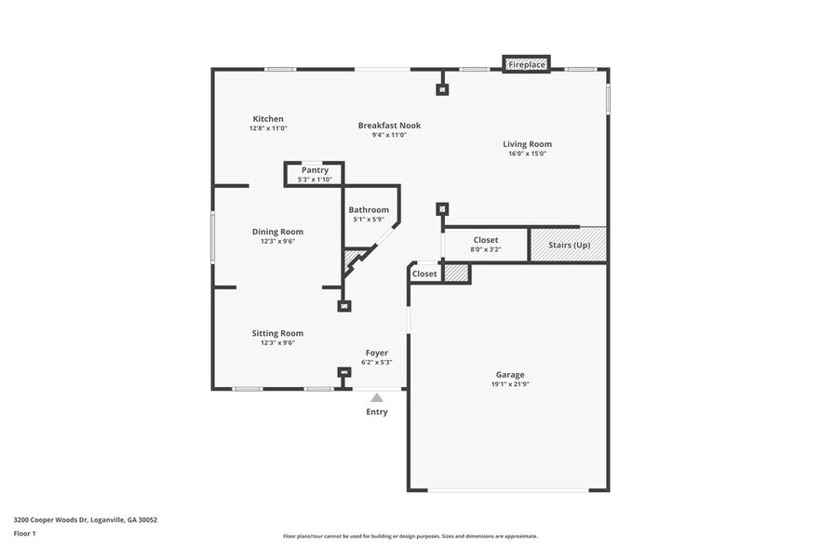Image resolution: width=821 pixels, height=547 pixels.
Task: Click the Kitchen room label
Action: tap(268, 118)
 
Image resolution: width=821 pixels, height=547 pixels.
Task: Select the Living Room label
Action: tap(527, 144)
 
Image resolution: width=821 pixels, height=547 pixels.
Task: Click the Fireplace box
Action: tap(527, 64)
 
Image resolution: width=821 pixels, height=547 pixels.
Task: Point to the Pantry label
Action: tap(315, 170)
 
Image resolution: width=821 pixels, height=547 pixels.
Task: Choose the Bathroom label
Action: tap(369, 210)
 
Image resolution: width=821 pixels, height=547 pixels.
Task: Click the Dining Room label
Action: tap(277, 232)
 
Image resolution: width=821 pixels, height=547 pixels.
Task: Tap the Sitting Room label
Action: tap(277, 333)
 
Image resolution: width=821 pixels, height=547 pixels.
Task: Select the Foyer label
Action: tap(376, 353)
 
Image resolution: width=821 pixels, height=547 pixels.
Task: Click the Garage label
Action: tap(509, 374)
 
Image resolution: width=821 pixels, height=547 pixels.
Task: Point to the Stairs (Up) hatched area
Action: tap(568, 244)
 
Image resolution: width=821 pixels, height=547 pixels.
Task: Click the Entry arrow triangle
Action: tap(376, 397)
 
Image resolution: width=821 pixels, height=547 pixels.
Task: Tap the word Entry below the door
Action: tap(376, 412)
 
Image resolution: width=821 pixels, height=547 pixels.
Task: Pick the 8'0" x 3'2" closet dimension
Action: tap(485, 249)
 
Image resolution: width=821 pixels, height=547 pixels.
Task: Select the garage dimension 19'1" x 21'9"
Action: tap(509, 383)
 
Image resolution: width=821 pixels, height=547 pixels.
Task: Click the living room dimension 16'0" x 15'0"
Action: tap(527, 153)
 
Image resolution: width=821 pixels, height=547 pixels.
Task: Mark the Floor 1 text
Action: tap(25, 533)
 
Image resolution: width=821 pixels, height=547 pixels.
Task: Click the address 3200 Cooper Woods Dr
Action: tap(55, 519)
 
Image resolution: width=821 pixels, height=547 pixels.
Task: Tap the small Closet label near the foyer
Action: tap(424, 274)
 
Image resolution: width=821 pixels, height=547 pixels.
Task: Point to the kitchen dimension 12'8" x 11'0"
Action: tap(268, 128)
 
